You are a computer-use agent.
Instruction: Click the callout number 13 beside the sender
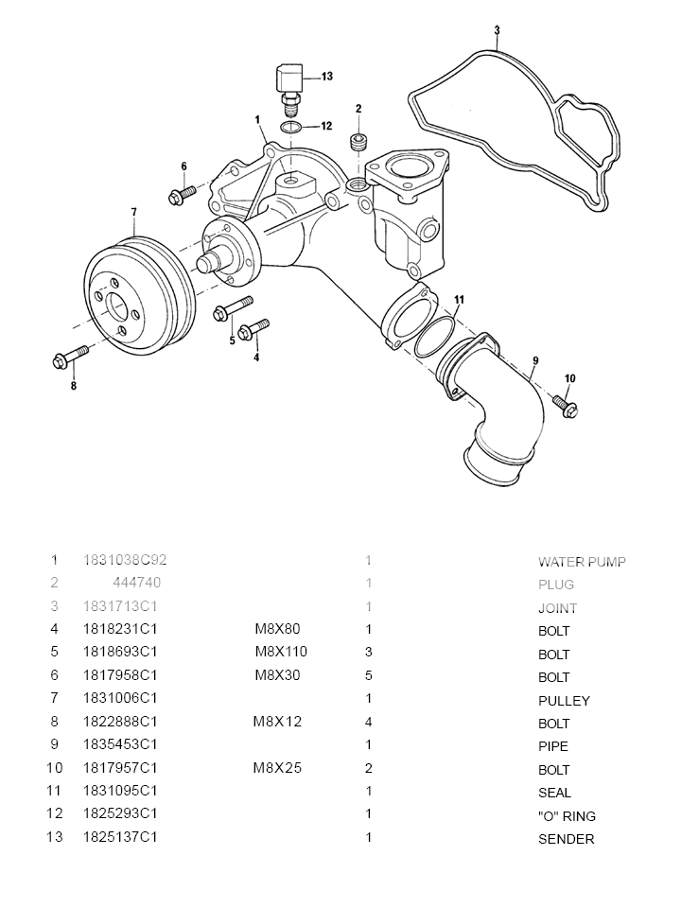click(x=326, y=76)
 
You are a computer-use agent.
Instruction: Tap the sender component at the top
click(x=289, y=80)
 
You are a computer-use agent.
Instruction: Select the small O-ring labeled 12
click(x=292, y=126)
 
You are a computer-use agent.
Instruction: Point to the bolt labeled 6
click(x=180, y=195)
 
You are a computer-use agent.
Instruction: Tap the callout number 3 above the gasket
click(x=497, y=31)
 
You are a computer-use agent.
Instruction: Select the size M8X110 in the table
click(x=281, y=652)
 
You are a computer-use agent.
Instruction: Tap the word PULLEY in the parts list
click(x=564, y=701)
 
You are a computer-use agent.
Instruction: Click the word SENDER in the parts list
click(x=566, y=839)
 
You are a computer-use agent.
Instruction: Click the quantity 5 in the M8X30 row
click(x=368, y=675)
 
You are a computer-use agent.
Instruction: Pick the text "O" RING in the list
click(x=567, y=816)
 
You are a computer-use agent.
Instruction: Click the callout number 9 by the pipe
click(x=535, y=360)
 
